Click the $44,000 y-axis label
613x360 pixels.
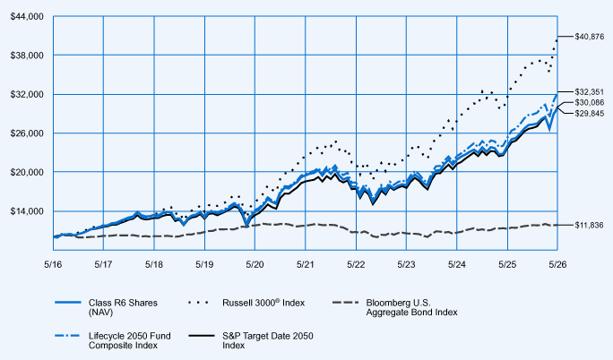(x=27, y=17)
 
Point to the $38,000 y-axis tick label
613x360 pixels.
(x=27, y=56)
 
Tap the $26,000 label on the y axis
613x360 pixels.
(x=27, y=133)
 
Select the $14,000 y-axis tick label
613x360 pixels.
(x=27, y=211)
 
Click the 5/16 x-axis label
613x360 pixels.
(x=53, y=265)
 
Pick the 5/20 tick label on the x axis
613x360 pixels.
(x=255, y=265)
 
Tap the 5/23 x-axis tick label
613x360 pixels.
(x=406, y=265)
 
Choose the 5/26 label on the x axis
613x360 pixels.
(x=557, y=265)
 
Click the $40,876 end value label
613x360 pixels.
(x=589, y=37)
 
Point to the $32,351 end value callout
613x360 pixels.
(x=589, y=92)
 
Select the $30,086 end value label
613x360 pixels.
(x=589, y=103)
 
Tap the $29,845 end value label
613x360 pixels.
(x=589, y=114)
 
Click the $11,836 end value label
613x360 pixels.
(x=589, y=226)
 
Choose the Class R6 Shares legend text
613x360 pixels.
(x=123, y=307)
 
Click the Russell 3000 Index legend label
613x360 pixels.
(x=263, y=303)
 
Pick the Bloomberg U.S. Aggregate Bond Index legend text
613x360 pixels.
(x=411, y=307)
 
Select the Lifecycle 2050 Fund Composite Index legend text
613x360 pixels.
(x=129, y=340)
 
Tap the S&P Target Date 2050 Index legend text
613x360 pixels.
(x=268, y=340)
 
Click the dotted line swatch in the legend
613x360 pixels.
(x=199, y=303)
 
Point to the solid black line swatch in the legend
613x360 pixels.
(x=202, y=336)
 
